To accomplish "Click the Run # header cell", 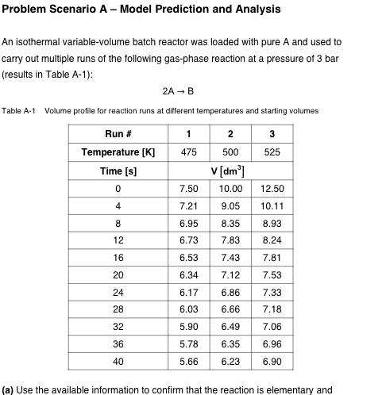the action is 118,133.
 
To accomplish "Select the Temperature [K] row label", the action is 118,151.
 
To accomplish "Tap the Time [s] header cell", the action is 118,170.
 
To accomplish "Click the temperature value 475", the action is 189,151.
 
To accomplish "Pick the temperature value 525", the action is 272,151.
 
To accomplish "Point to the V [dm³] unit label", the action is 230,170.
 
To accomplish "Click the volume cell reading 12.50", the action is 272,189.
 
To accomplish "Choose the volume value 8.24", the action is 272,240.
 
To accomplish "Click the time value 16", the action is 118,258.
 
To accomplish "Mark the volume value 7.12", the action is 230,275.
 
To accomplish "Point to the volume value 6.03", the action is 189,309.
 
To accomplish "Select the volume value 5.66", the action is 189,362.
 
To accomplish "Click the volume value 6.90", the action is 272,362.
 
